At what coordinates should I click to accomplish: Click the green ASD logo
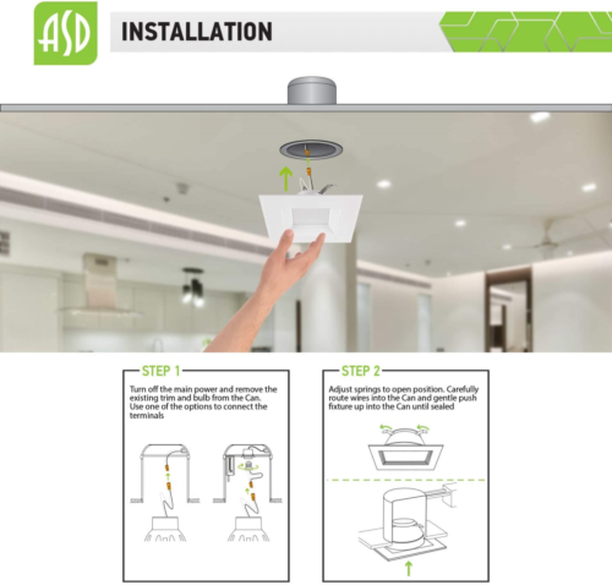66,33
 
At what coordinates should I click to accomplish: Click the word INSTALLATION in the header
197,31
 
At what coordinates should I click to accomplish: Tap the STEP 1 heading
161,371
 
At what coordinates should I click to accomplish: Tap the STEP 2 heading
361,371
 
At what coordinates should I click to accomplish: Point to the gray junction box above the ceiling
312,91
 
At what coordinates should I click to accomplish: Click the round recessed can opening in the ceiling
311,150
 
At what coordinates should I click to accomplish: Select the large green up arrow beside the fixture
286,179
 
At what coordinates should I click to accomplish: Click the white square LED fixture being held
311,217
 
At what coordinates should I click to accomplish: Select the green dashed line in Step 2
406,480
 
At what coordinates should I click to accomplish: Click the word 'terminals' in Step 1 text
147,415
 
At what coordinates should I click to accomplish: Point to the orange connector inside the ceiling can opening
307,153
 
